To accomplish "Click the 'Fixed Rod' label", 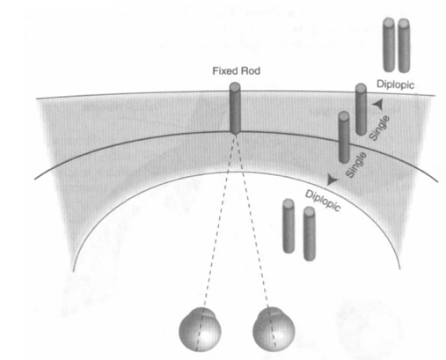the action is [x=236, y=71].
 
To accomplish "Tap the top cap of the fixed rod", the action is [x=235, y=87].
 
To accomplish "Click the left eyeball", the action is [x=200, y=329].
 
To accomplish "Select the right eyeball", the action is [x=274, y=329].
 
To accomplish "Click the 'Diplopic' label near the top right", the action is [x=395, y=84].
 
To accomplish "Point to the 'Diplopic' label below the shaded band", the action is [x=323, y=201].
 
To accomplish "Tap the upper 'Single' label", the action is [x=379, y=128].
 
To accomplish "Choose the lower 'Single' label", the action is [x=356, y=165].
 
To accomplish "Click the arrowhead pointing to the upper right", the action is [x=378, y=104].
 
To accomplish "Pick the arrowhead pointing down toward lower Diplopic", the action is [x=332, y=180].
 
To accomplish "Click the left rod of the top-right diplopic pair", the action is [x=389, y=45].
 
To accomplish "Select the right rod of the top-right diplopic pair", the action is [x=404, y=46].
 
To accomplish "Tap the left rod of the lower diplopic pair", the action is [x=289, y=225].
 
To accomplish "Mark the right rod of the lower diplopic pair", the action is [x=310, y=233].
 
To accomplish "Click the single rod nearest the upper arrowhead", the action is [x=361, y=109].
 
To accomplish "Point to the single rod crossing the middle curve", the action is [x=344, y=137].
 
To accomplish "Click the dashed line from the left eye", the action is [x=219, y=221].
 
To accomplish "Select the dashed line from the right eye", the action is [x=252, y=221].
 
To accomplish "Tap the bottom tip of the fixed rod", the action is [x=235, y=134].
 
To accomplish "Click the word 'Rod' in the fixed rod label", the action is [x=251, y=71].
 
